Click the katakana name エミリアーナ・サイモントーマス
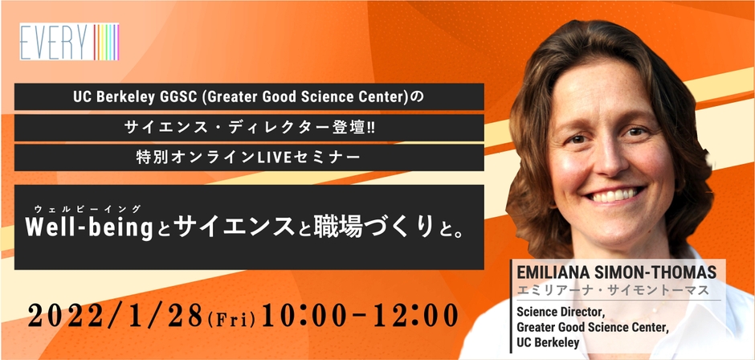[610, 288]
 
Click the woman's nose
[610, 160]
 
